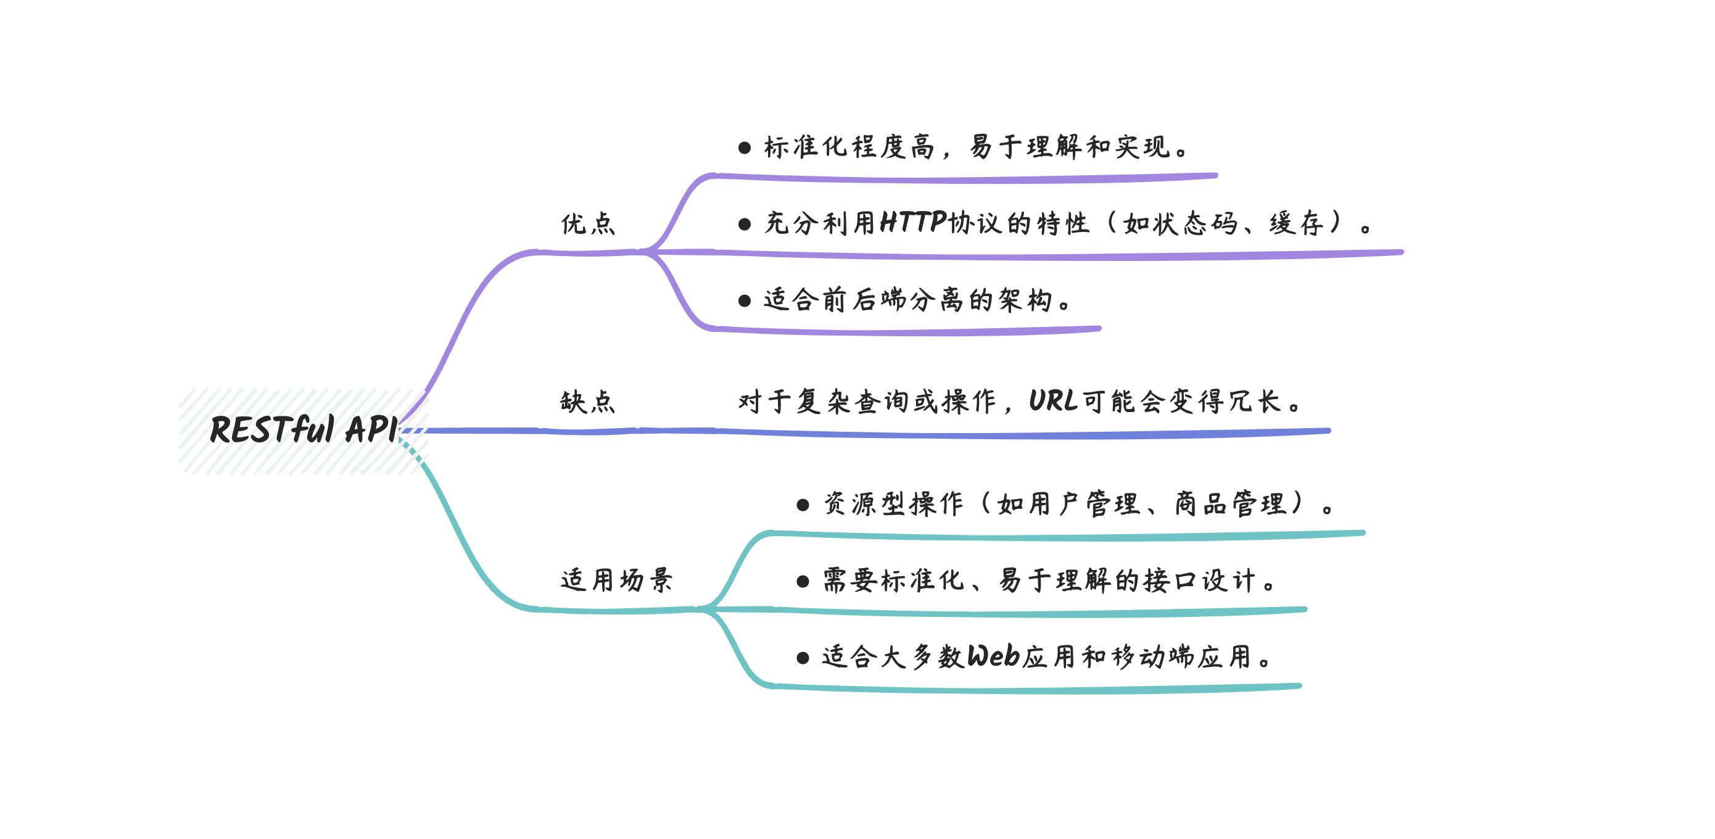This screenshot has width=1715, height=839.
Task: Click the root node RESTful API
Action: click(304, 429)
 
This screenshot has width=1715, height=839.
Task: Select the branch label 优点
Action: click(588, 224)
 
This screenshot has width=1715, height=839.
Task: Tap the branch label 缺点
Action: click(588, 402)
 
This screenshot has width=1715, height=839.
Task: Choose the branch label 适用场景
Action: click(616, 580)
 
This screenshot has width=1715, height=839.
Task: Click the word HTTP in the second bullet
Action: click(913, 223)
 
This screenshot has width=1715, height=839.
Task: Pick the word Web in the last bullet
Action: click(993, 656)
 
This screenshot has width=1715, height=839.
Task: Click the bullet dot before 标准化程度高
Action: click(745, 148)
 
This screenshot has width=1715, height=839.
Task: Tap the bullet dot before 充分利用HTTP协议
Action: click(745, 225)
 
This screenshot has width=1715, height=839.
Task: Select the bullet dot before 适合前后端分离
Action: click(745, 301)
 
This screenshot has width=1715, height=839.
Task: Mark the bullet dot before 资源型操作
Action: click(803, 505)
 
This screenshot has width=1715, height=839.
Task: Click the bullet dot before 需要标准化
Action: click(803, 582)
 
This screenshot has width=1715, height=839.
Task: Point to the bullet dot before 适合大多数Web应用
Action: click(803, 658)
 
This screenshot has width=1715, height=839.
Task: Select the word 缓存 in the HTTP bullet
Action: click(1296, 223)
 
